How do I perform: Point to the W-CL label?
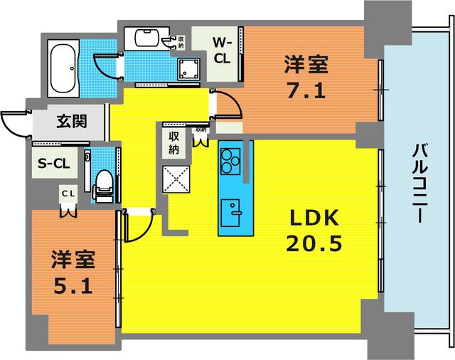(222, 49)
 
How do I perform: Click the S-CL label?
(53, 164)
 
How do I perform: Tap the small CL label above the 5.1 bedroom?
(68, 194)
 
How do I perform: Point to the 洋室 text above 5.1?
(72, 259)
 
